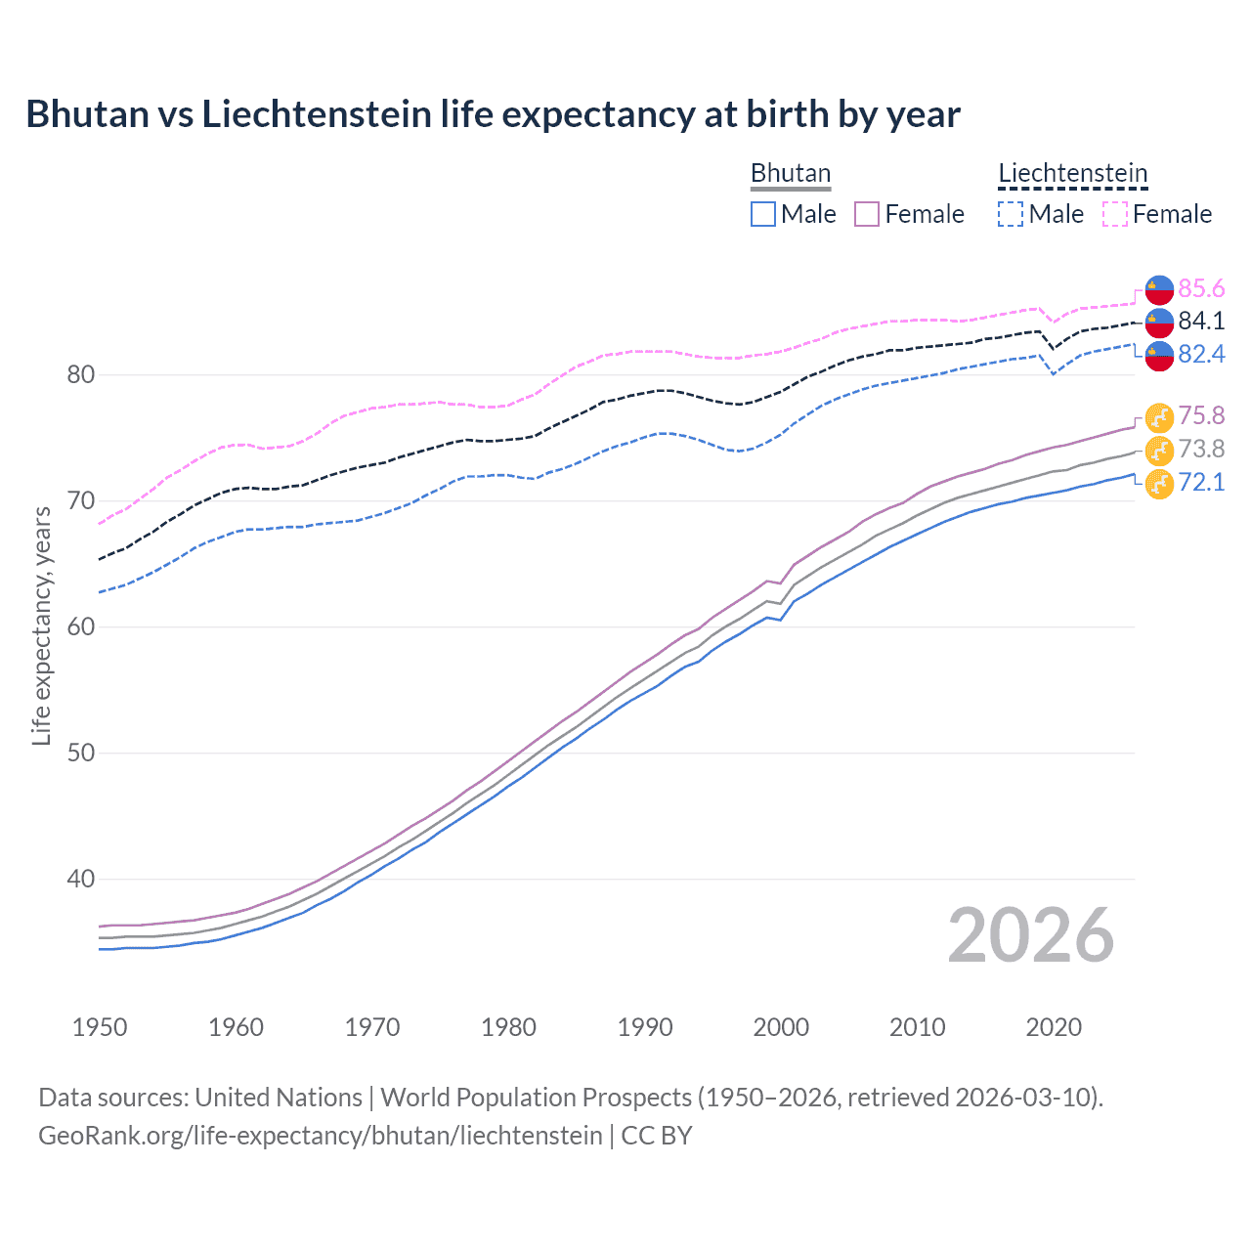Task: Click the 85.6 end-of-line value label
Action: (1201, 288)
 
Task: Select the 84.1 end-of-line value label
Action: (1201, 321)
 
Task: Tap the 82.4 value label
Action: (1201, 354)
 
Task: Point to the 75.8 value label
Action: (1201, 415)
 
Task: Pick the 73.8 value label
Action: (1201, 449)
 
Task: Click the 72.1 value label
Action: (1201, 482)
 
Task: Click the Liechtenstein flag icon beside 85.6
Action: (1159, 289)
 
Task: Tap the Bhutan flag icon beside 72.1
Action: (1159, 483)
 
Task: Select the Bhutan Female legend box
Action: (867, 214)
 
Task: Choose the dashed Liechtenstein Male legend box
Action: (1011, 214)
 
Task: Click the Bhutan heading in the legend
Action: (790, 173)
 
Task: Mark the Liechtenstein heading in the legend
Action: (1072, 173)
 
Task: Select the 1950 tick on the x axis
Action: (100, 1027)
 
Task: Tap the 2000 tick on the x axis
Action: (781, 1027)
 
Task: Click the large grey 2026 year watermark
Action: (1031, 935)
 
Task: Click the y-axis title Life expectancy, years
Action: (41, 625)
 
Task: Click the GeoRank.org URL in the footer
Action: (321, 1135)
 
